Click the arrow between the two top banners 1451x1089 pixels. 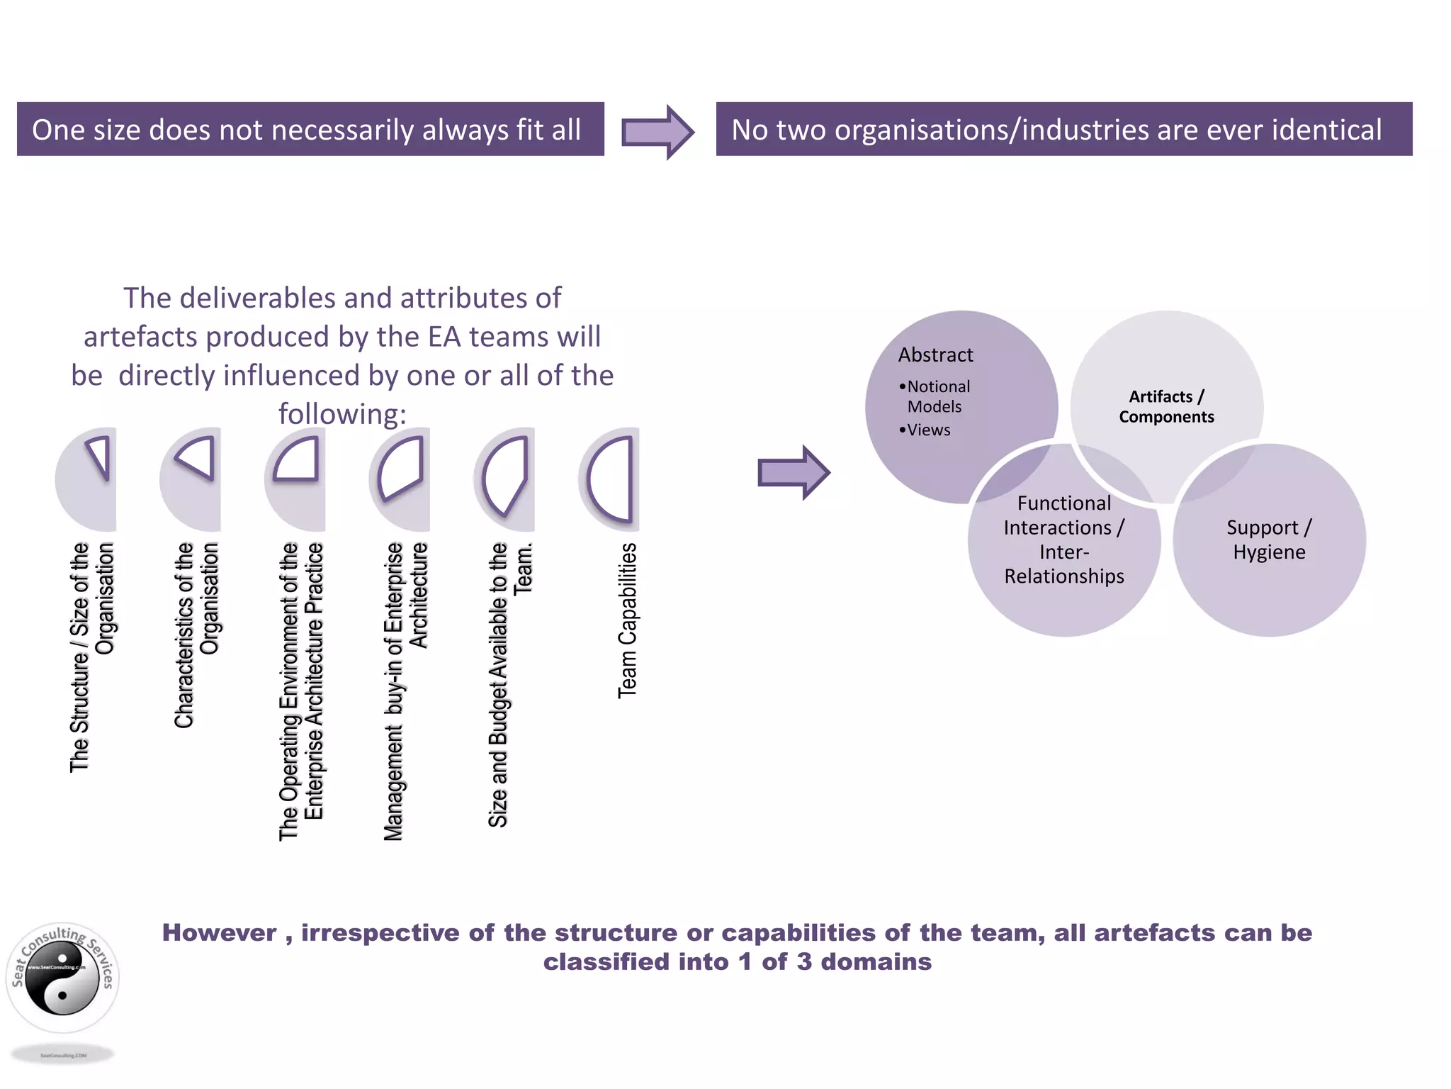pyautogui.click(x=657, y=132)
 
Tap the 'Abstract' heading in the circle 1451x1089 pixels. pyautogui.click(x=935, y=354)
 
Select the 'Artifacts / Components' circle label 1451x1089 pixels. pyautogui.click(x=1166, y=406)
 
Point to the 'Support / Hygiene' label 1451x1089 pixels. pyautogui.click(x=1269, y=540)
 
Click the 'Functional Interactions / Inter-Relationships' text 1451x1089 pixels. pyautogui.click(x=1063, y=540)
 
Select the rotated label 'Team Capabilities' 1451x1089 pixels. pyautogui.click(x=628, y=620)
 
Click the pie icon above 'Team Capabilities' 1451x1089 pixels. pyautogui.click(x=610, y=479)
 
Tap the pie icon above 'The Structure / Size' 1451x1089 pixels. pyautogui.click(x=87, y=479)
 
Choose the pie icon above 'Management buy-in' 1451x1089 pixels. pyautogui.click(x=401, y=479)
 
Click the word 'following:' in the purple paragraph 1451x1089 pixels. pyautogui.click(x=342, y=413)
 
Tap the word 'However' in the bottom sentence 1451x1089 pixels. pyautogui.click(x=219, y=932)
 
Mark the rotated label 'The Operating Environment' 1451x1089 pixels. pyautogui.click(x=301, y=691)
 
